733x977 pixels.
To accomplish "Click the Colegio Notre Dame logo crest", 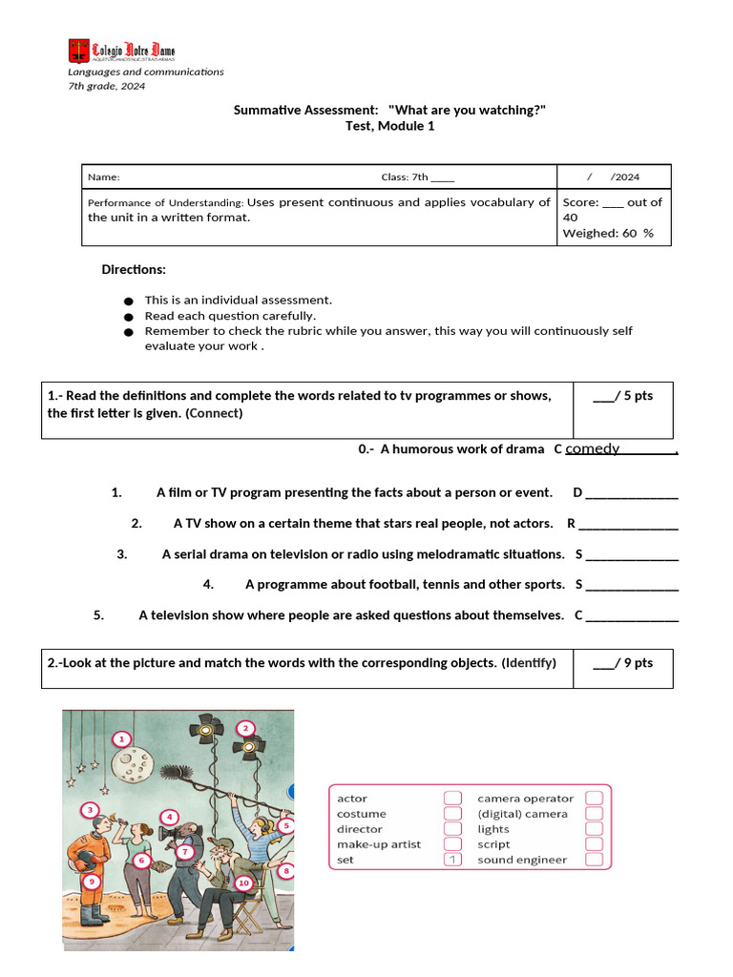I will (x=77, y=51).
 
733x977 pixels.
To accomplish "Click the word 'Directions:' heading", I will (x=134, y=270).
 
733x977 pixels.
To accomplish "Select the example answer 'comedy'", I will (x=593, y=448).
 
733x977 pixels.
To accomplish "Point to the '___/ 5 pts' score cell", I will (x=622, y=396).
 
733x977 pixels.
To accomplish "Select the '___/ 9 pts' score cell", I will (x=622, y=663).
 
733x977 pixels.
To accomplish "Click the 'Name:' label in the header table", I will (x=104, y=177).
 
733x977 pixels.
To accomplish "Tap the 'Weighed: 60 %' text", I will (x=608, y=233).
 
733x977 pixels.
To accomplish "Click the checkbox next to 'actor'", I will (x=452, y=799).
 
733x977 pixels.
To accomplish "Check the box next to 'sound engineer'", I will (x=594, y=860).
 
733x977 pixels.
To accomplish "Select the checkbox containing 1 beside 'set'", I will (x=452, y=860).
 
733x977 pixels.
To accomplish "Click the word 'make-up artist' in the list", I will (x=379, y=844).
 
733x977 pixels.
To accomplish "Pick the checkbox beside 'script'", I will (x=594, y=844).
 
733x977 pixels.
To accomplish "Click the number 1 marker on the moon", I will (x=121, y=738).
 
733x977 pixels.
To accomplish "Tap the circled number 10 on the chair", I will (x=243, y=883).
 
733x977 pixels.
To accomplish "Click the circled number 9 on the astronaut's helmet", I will (x=91, y=882).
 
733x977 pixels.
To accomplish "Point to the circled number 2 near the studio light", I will (x=246, y=729).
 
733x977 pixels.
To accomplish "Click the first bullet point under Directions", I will (x=129, y=301).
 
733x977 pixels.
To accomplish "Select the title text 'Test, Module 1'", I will (x=389, y=126).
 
